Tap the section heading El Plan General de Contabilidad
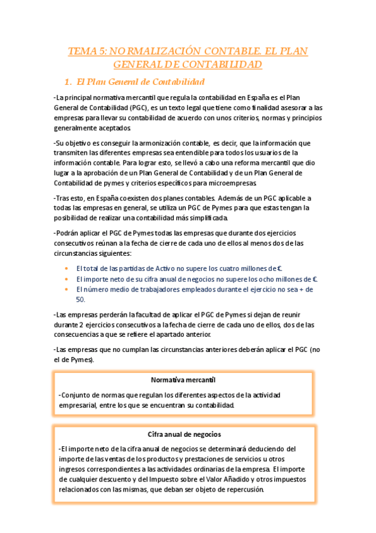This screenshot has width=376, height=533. point(139,82)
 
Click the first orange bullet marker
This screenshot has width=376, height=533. point(66,267)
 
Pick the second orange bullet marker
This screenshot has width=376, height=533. point(66,278)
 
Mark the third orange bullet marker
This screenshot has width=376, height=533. point(66,289)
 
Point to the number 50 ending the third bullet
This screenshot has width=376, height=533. point(80,299)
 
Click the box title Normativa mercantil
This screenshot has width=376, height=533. point(183,380)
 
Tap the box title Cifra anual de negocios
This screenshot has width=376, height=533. point(184,434)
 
